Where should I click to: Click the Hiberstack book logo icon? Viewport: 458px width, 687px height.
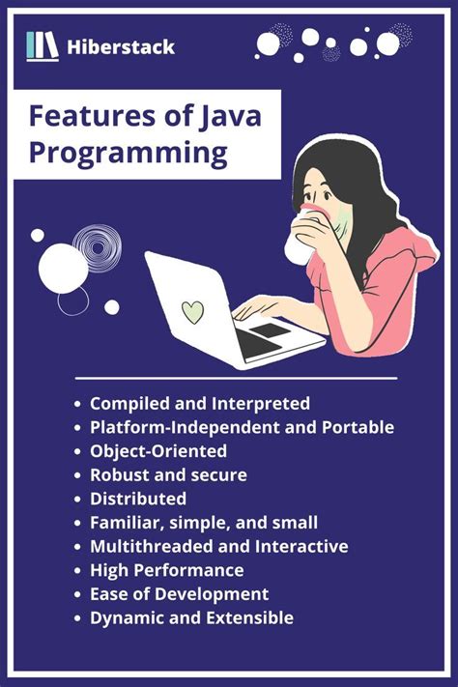pyautogui.click(x=43, y=45)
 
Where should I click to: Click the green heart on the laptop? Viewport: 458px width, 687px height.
pyautogui.click(x=193, y=312)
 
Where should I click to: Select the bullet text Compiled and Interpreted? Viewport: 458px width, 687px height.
pyautogui.click(x=200, y=403)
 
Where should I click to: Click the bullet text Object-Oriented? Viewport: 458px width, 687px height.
pyautogui.click(x=158, y=450)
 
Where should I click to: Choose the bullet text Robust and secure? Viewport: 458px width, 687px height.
pyautogui.click(x=168, y=474)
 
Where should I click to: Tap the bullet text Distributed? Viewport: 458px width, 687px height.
pyautogui.click(x=138, y=499)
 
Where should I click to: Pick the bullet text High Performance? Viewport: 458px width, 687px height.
pyautogui.click(x=166, y=570)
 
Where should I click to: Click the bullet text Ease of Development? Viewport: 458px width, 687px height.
pyautogui.click(x=179, y=593)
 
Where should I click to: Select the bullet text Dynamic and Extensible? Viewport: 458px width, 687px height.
pyautogui.click(x=191, y=617)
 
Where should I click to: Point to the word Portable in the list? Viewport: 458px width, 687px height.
pyautogui.click(x=361, y=426)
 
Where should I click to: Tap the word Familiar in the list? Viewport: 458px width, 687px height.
pyautogui.click(x=125, y=523)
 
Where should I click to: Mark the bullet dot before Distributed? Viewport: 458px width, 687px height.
pyautogui.click(x=77, y=500)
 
